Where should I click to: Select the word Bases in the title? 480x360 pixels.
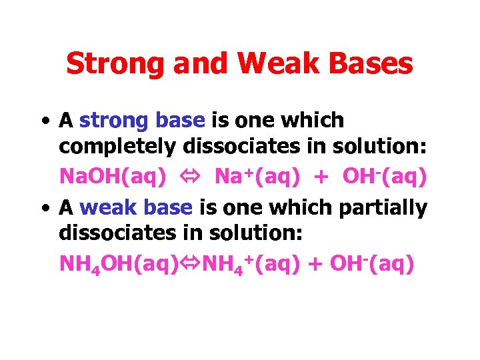tap(375, 64)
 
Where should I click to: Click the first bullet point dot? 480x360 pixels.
tap(43, 121)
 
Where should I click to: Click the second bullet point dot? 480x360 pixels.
tap(43, 209)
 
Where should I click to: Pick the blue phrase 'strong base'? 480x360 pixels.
tap(141, 121)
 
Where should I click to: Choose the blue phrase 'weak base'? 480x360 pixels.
tap(136, 208)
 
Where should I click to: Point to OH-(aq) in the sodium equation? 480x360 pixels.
tap(384, 177)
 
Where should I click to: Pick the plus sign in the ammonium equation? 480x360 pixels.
tap(314, 265)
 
